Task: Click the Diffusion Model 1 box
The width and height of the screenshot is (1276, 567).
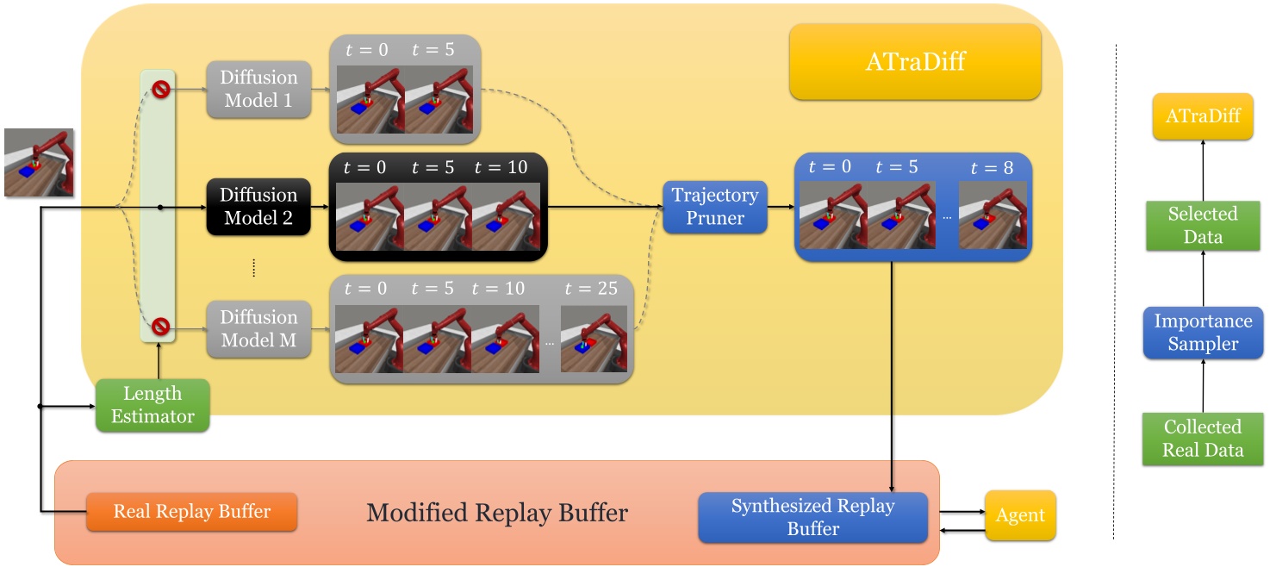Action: click(258, 89)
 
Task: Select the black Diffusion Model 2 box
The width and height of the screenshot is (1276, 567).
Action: click(258, 207)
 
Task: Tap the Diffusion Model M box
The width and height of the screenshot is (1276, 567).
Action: click(258, 328)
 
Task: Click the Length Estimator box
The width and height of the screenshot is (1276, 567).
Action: click(152, 405)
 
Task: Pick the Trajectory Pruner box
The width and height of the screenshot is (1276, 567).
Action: click(715, 207)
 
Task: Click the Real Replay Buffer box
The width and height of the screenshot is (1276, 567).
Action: click(192, 512)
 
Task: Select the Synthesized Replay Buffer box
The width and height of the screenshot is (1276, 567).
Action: click(812, 517)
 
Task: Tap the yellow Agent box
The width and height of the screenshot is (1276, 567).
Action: click(1020, 516)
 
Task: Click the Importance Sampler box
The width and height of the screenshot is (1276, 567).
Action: click(1203, 333)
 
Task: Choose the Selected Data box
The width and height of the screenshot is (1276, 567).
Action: click(1203, 225)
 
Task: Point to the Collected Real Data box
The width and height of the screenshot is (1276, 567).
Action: click(1203, 439)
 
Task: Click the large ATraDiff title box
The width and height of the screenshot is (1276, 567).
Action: click(915, 62)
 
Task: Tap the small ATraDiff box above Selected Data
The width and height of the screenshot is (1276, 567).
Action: click(1203, 116)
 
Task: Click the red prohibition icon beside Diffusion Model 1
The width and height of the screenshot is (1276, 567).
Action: click(160, 89)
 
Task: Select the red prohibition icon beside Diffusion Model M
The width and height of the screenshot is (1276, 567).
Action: click(160, 327)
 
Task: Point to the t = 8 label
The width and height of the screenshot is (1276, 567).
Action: click(992, 168)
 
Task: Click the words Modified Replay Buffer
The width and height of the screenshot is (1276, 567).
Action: click(497, 514)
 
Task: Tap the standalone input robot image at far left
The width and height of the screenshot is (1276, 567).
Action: click(39, 163)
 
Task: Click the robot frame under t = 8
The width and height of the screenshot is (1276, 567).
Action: click(993, 215)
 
